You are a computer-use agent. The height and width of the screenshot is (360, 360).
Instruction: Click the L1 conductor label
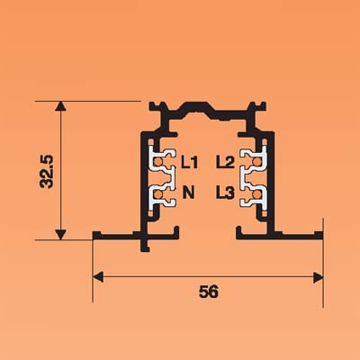pyautogui.click(x=189, y=162)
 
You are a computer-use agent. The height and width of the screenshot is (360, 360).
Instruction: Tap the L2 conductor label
pyautogui.click(x=225, y=162)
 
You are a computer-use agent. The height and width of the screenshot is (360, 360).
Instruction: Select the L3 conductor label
pyautogui.click(x=225, y=193)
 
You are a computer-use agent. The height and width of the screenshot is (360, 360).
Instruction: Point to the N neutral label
pyautogui.click(x=189, y=193)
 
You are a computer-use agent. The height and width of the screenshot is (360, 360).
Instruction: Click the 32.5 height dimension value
pyautogui.click(x=47, y=172)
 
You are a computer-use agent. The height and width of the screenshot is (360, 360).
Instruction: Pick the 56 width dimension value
pyautogui.click(x=209, y=292)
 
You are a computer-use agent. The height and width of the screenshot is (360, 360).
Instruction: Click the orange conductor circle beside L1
pyautogui.click(x=157, y=162)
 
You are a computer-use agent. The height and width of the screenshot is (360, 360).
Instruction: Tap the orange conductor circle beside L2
pyautogui.click(x=256, y=162)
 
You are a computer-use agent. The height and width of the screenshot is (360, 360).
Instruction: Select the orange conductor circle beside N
pyautogui.click(x=157, y=195)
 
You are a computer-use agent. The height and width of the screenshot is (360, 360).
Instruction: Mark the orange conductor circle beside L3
pyautogui.click(x=256, y=194)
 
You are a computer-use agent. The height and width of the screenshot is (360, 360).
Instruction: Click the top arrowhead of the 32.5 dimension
pyautogui.click(x=60, y=106)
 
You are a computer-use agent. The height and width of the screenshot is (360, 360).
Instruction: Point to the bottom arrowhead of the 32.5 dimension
pyautogui.click(x=60, y=235)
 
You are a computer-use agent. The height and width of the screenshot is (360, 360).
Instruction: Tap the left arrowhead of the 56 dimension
pyautogui.click(x=98, y=277)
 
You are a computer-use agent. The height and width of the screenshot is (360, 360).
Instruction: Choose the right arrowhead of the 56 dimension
pyautogui.click(x=318, y=277)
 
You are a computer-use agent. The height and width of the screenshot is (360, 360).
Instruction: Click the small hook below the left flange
pyautogui.click(x=145, y=246)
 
